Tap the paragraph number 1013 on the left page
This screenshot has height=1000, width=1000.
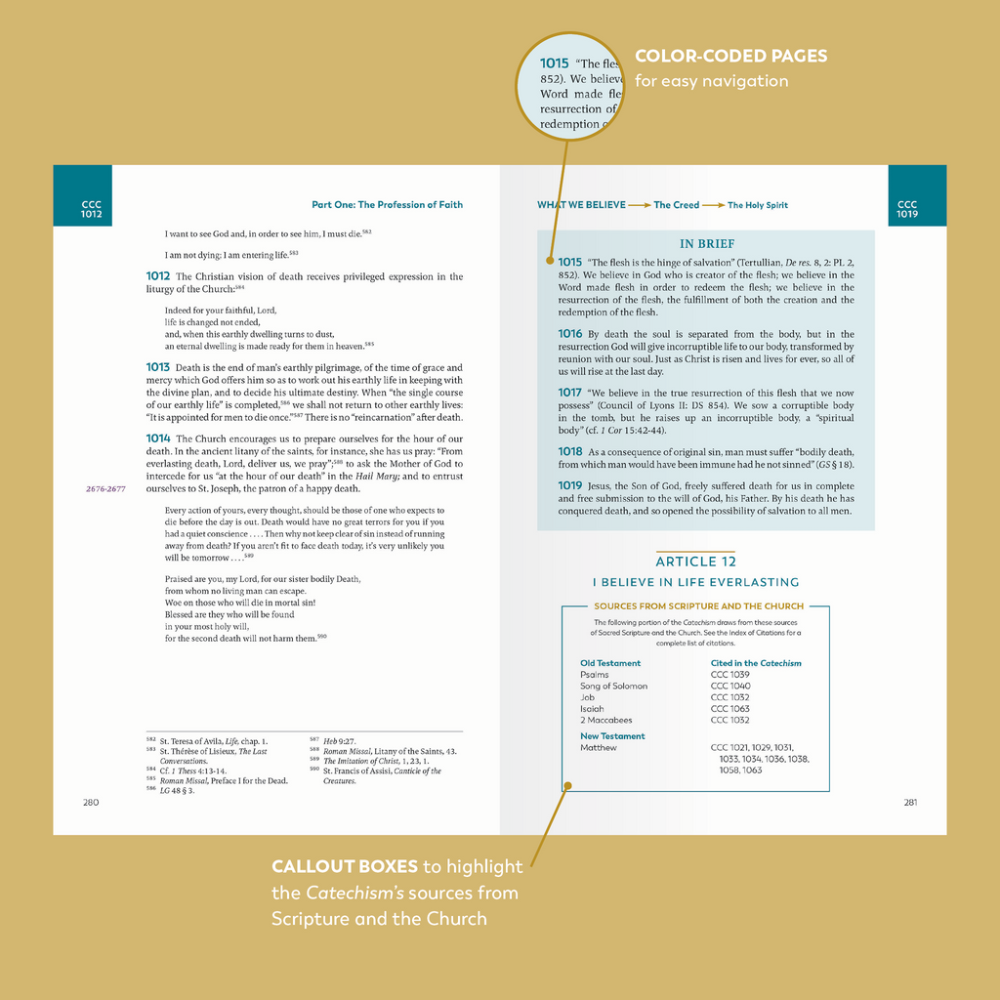pos(158,367)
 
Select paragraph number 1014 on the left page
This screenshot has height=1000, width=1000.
pos(158,438)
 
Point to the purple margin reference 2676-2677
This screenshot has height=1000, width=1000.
pos(105,488)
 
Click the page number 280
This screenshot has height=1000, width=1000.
pos(91,802)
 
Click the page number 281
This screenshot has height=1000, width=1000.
pos(909,803)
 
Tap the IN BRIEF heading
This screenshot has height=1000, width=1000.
pos(707,244)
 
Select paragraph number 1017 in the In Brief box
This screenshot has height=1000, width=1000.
pos(570,393)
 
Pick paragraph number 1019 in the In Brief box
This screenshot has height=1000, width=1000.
pos(570,485)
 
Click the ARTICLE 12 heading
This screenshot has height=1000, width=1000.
pos(695,562)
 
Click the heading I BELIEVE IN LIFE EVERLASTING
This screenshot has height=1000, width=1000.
pos(695,582)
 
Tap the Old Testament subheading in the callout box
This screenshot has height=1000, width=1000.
pos(610,663)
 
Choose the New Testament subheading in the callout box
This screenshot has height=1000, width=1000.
pos(612,736)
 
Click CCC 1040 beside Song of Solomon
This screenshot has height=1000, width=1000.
pos(730,686)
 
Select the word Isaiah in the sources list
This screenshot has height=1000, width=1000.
pos(592,709)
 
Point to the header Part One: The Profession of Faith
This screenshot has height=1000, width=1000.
pos(387,205)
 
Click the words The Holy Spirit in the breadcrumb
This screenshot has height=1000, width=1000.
pos(758,205)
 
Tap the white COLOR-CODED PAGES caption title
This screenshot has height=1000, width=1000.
pos(730,57)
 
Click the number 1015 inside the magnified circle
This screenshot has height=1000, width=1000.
pos(555,63)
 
